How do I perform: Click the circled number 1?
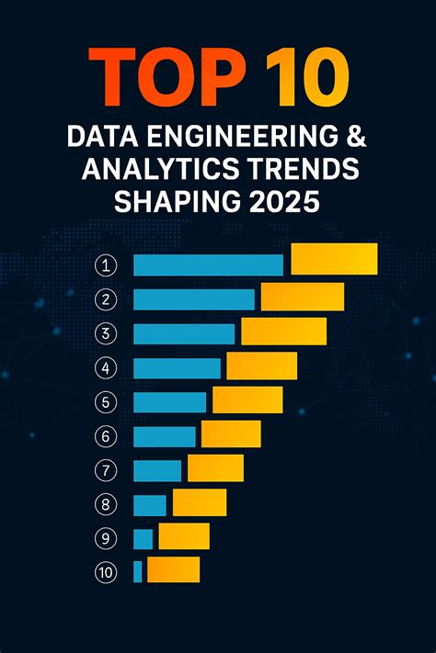pos(107,266)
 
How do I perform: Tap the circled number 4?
pos(107,368)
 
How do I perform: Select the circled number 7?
pos(107,470)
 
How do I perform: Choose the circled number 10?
pos(107,572)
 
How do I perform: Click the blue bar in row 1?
pos(208,265)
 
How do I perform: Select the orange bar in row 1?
pos(334,259)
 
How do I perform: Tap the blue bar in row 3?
pos(184,334)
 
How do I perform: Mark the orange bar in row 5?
pos(247,400)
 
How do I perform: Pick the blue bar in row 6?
pos(165,436)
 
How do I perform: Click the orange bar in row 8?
pos(200,502)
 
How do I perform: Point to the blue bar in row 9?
pos(143,539)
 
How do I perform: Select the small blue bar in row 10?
pos(138,571)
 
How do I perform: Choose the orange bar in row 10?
pos(173,569)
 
